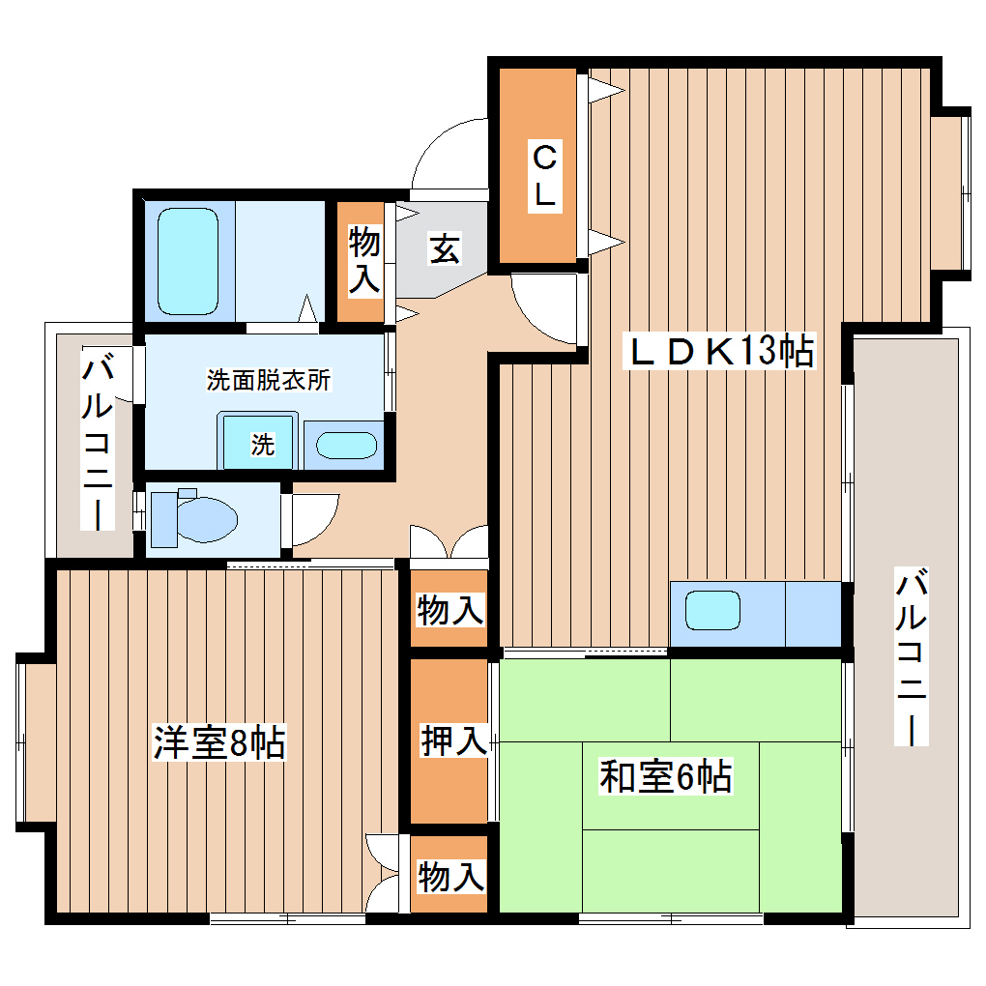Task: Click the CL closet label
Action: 544,175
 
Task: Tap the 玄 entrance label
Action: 444,249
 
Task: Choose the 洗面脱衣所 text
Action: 268,380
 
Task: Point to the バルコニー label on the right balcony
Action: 911,658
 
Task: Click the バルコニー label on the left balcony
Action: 97,442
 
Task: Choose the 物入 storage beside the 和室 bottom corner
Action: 449,876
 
